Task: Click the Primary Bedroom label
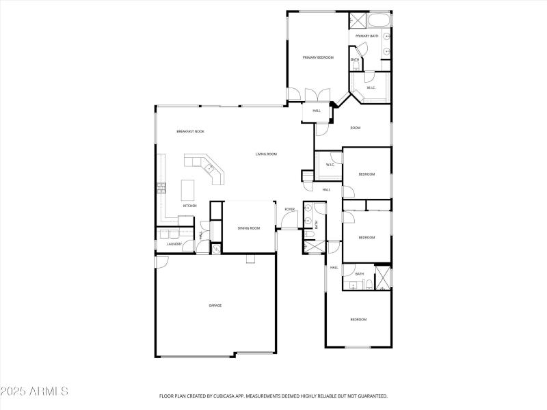[x=318, y=57]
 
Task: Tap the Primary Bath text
[x=367, y=36]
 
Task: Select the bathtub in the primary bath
[x=378, y=19]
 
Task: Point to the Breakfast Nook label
[x=190, y=131]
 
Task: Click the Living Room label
[x=266, y=154]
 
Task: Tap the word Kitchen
[x=189, y=206]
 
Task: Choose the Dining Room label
[x=249, y=228]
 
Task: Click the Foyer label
[x=290, y=209]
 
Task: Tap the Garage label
[x=215, y=305]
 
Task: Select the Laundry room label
[x=174, y=244]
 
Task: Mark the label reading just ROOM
[x=355, y=128]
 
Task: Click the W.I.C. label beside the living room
[x=330, y=165]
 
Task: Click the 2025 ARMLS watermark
[x=34, y=392]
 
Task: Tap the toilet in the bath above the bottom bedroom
[x=368, y=284]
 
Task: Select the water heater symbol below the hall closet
[x=216, y=249]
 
